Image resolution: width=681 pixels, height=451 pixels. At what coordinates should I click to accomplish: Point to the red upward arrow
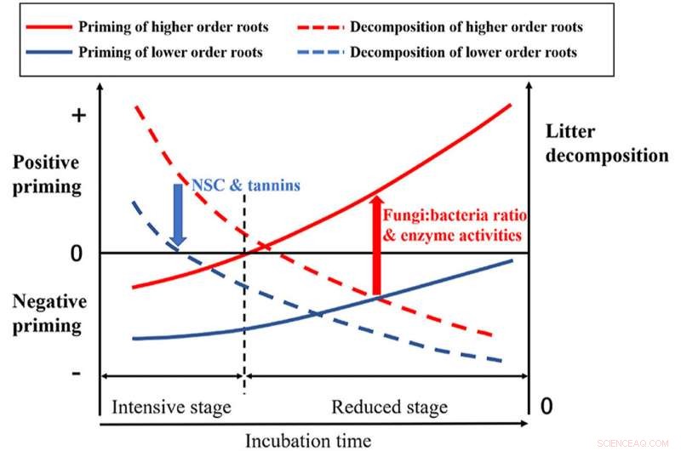[375, 243]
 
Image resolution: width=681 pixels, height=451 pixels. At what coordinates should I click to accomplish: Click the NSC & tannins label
[245, 185]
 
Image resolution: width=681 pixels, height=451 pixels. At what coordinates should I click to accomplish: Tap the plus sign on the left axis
[78, 117]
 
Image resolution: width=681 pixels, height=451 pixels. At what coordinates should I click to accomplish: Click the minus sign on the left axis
[78, 374]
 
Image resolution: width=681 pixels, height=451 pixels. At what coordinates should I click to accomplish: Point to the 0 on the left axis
[77, 253]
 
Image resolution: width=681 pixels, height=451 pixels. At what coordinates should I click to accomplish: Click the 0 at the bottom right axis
[547, 406]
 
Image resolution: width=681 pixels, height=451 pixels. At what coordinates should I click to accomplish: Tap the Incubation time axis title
[308, 439]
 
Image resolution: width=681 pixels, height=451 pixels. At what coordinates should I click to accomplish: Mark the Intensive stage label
[171, 407]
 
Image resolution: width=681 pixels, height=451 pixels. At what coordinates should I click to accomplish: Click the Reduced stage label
[389, 407]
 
